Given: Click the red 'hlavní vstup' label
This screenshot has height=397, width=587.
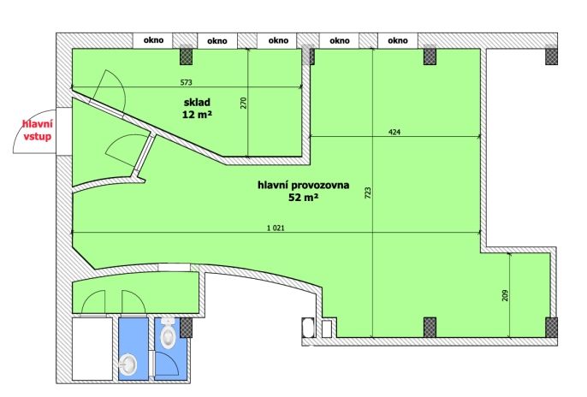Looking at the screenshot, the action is (38, 130).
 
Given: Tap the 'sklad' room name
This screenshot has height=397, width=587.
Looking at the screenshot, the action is (197, 102).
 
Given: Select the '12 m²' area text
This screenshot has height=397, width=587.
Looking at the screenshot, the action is (197, 115).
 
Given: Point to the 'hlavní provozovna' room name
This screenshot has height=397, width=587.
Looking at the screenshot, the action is (303, 185).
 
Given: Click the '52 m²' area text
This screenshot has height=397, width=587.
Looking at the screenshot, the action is (303, 197).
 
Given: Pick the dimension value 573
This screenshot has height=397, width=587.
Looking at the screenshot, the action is (186, 82).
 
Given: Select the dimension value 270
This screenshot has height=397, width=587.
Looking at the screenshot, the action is (244, 103).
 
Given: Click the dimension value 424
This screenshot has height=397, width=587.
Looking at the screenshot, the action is (394, 132).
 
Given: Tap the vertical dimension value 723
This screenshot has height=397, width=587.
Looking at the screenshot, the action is (368, 193).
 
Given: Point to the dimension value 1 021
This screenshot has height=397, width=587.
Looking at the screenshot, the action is (276, 228).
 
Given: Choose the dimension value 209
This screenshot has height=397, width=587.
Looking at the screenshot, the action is (505, 295).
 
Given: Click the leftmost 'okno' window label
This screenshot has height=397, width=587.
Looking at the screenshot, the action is (153, 40).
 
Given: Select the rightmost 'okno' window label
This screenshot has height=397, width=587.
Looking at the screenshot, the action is (398, 40).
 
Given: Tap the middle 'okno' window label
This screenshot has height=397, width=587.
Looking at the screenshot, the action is (278, 40).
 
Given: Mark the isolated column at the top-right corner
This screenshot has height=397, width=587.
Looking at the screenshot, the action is (551, 55).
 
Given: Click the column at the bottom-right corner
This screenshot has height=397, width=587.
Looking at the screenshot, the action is (551, 328).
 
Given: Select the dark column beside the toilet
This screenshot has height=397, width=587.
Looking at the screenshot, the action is (186, 328).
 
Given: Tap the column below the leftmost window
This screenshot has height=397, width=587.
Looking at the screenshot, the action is (186, 56).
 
